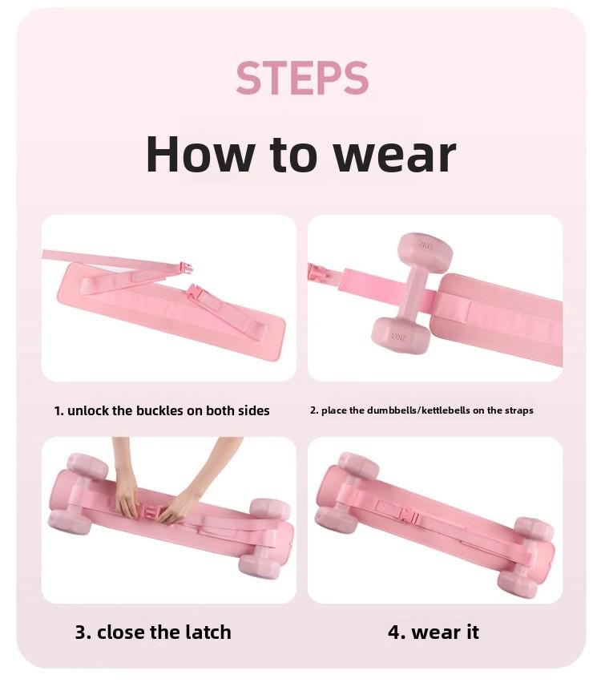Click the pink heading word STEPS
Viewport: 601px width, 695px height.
(x=302, y=78)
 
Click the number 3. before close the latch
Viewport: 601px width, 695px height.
(x=83, y=632)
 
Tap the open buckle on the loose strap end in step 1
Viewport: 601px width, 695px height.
(x=186, y=267)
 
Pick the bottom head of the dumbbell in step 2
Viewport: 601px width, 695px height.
(x=400, y=335)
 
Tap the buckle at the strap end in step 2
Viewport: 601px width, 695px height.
(x=317, y=274)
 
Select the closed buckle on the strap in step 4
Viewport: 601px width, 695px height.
(x=409, y=516)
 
